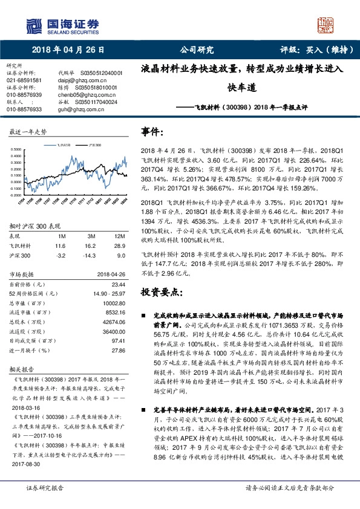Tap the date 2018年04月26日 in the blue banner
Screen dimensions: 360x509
point(67,50)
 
